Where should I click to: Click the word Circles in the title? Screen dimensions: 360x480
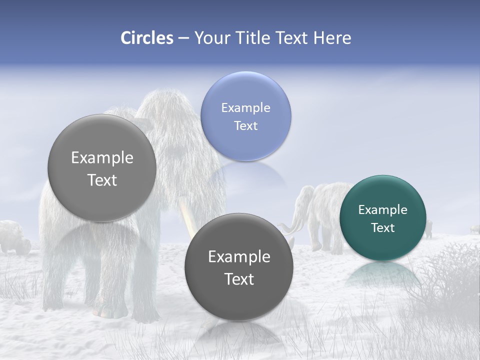[x=147, y=38]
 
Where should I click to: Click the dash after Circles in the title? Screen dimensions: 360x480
[x=183, y=38]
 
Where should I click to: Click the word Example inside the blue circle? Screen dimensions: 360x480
[x=245, y=107]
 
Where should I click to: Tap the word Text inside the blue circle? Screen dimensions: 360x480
[x=245, y=125]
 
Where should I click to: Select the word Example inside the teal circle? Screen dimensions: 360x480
[x=382, y=209]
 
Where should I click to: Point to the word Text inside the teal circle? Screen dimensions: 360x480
[x=382, y=227]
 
